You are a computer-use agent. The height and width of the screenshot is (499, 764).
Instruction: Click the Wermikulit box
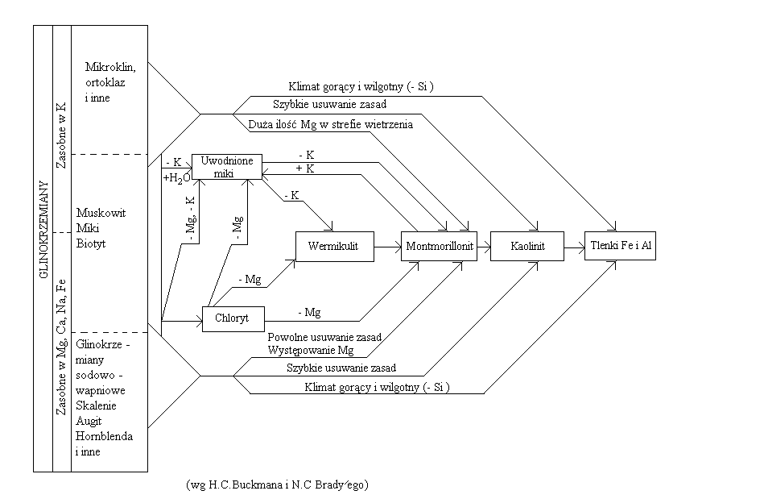tap(335, 246)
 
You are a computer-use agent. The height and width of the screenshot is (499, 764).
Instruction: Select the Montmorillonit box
tap(439, 246)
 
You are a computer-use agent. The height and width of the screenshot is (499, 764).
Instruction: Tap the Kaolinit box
tap(527, 246)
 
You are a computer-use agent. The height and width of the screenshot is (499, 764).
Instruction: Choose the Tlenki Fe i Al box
tap(621, 245)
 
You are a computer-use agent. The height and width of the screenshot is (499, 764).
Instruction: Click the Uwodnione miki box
tap(228, 167)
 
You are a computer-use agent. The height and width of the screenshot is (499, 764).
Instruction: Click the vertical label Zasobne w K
tap(62, 132)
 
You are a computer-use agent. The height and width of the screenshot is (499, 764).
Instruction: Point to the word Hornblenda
tap(103, 436)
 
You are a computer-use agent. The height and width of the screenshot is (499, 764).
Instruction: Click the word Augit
tap(89, 422)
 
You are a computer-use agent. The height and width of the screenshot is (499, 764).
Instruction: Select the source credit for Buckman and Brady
tap(276, 484)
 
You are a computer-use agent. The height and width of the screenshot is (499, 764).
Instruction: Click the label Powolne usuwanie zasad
tap(324, 337)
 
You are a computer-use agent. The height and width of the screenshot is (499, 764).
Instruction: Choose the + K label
tap(305, 168)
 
